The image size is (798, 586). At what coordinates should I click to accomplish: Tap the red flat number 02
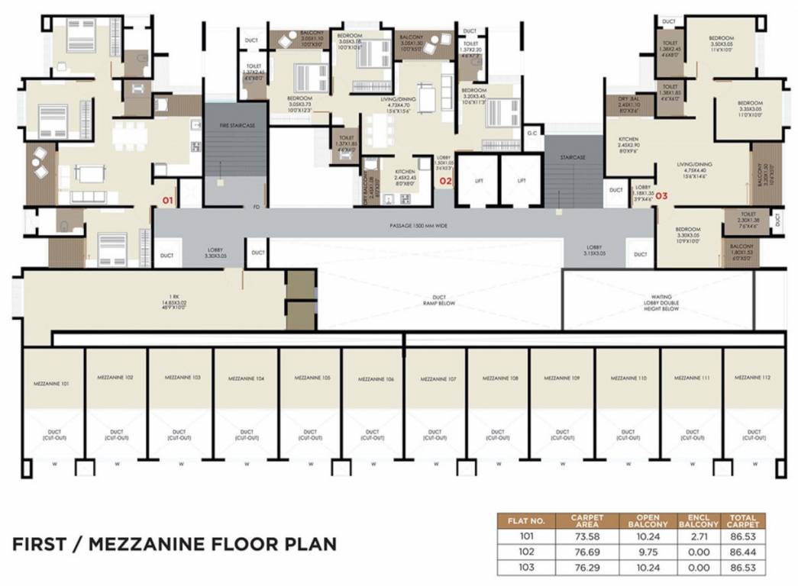[x=445, y=182]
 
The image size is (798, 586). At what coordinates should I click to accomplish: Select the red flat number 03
[x=661, y=196]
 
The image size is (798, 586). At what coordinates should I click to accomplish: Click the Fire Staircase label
[x=235, y=124]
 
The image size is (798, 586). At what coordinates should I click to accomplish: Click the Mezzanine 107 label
[x=434, y=378]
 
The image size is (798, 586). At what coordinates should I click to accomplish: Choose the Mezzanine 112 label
[x=753, y=378]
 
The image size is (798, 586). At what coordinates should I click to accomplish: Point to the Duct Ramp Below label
[x=440, y=298]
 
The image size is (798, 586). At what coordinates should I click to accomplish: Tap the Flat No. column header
[x=528, y=521]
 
